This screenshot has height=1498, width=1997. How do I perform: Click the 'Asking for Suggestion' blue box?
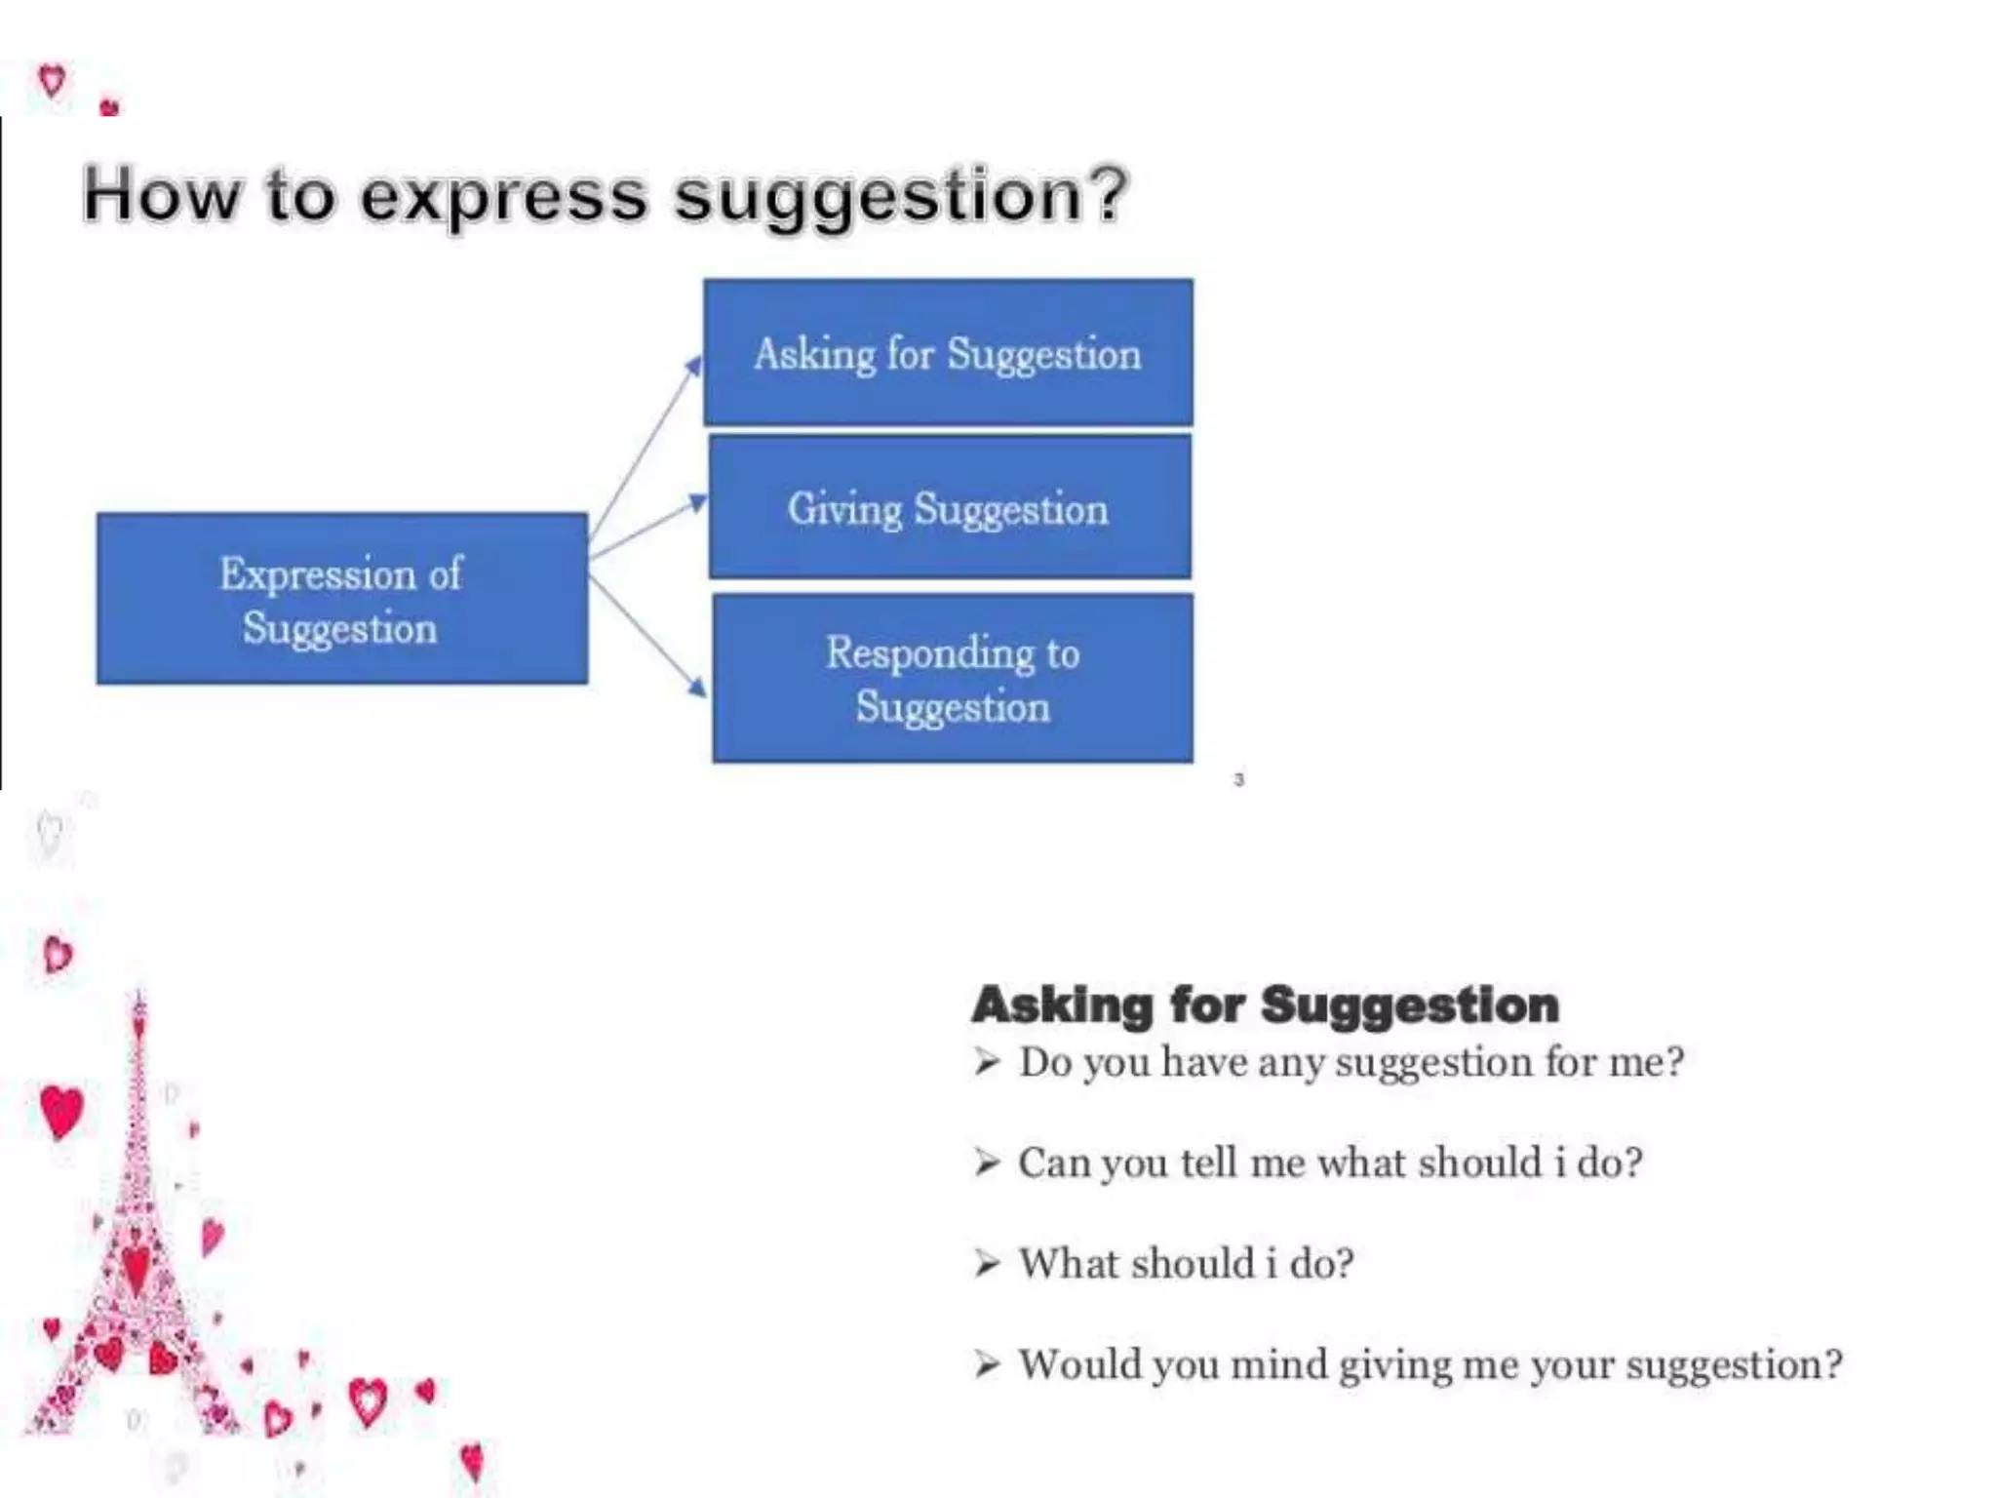pos(948,352)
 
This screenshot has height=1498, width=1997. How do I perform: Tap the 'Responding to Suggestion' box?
pos(953,679)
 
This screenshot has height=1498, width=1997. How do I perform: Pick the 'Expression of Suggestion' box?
pos(341,599)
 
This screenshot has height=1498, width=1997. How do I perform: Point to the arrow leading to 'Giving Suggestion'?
pos(648,529)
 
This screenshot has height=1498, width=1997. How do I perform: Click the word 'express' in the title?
pos(503,195)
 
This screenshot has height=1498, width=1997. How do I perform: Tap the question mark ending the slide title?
pos(1109,193)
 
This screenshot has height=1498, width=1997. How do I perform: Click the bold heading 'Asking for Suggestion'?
pos(1265,1005)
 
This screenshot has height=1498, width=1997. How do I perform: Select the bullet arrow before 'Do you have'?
pos(987,1061)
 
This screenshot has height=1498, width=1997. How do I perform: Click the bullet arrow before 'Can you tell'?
pos(987,1163)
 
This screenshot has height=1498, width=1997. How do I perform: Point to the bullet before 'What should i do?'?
pos(987,1263)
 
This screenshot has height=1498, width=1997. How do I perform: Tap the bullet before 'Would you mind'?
pos(987,1363)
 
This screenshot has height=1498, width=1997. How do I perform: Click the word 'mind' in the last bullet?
pos(1278,1363)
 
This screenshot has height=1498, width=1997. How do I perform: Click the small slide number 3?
pos(1238,779)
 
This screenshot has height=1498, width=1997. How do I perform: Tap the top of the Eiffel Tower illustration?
pos(139,1000)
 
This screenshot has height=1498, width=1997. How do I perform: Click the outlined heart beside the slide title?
pos(52,79)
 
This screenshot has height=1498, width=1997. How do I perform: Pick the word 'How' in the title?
pos(160,195)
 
